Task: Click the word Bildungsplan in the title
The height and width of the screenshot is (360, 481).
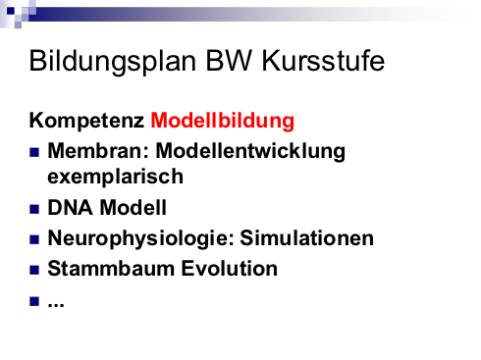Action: click(x=113, y=62)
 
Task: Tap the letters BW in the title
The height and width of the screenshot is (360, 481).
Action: click(x=229, y=61)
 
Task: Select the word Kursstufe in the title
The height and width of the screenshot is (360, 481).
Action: click(x=323, y=61)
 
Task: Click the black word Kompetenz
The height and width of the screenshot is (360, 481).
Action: click(x=86, y=121)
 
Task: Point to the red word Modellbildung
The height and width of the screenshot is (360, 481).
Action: click(x=223, y=121)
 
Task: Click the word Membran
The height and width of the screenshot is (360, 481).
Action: click(x=98, y=151)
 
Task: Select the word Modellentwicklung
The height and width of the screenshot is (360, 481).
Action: click(x=250, y=151)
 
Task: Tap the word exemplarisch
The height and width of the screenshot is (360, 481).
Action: click(x=115, y=177)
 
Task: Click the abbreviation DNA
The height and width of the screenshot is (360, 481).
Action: click(x=70, y=207)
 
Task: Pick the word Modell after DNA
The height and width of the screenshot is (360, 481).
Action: click(x=133, y=207)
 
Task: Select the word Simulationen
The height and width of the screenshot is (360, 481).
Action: click(x=307, y=237)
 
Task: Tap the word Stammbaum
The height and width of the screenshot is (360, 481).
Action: click(x=111, y=269)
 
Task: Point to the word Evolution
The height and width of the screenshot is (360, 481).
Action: click(x=230, y=269)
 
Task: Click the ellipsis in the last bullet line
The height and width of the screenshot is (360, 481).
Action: click(x=56, y=305)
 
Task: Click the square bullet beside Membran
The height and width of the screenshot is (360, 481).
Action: click(x=34, y=152)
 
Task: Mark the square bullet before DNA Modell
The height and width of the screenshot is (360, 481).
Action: click(x=34, y=209)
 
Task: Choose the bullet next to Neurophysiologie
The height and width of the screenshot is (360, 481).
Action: click(x=34, y=239)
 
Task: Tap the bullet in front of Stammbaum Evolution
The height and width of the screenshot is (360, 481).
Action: click(x=34, y=270)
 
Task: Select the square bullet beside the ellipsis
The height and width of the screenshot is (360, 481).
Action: click(x=34, y=301)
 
